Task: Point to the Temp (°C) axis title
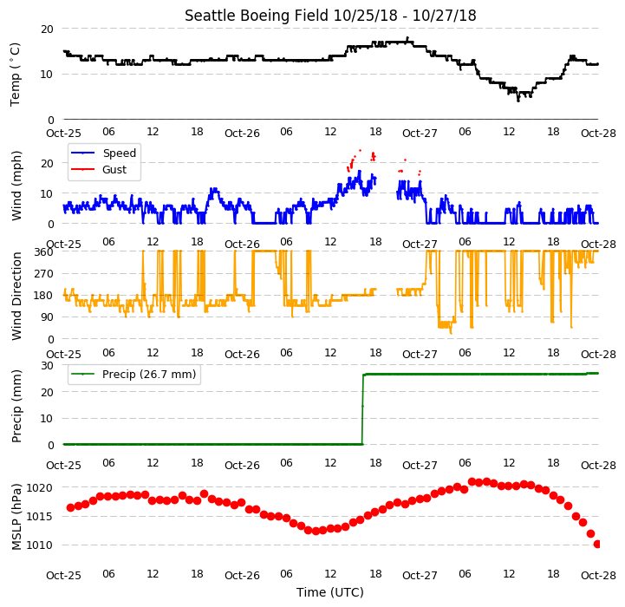tap(15, 75)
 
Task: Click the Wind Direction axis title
tap(16, 296)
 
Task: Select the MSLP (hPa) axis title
tap(16, 517)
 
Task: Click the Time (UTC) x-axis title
tap(330, 592)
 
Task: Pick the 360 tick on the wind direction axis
tap(44, 252)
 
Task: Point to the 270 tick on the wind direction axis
tap(44, 274)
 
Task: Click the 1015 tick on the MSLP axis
tap(40, 517)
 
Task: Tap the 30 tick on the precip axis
tap(47, 365)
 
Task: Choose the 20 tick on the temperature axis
tap(47, 29)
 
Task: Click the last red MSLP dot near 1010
tap(597, 544)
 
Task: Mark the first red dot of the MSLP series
tap(70, 507)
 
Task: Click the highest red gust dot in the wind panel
tap(361, 150)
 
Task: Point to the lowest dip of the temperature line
tap(518, 101)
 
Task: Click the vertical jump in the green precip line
tap(362, 409)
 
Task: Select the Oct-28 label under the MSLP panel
tap(598, 576)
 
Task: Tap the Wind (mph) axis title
tap(16, 186)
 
